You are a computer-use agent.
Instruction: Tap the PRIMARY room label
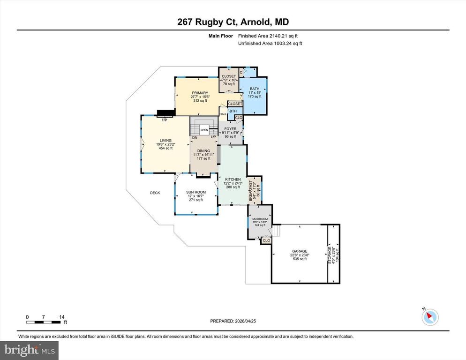click(200, 93)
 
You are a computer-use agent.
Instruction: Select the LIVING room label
click(165, 140)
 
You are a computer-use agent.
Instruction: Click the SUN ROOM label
click(196, 192)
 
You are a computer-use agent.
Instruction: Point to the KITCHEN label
click(233, 180)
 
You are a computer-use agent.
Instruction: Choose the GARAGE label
click(300, 251)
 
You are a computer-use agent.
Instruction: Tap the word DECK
click(155, 193)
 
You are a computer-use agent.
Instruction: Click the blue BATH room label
click(254, 89)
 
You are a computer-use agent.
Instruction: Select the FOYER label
click(231, 128)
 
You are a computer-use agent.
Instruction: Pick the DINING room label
click(203, 151)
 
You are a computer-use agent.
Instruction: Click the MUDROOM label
click(260, 219)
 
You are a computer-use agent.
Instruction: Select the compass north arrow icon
click(429, 317)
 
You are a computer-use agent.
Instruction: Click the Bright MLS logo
click(30, 349)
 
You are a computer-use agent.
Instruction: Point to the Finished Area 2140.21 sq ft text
click(268, 36)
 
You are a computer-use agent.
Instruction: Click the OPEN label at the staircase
click(204, 130)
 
